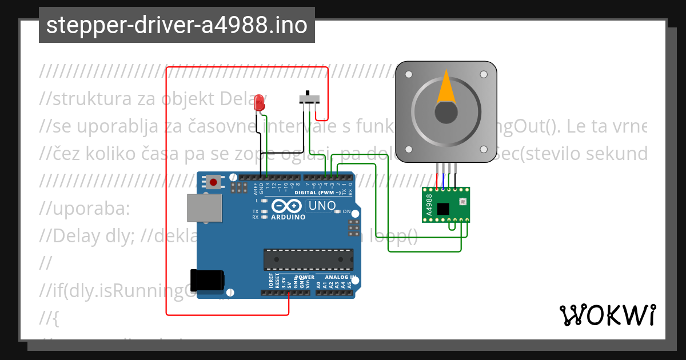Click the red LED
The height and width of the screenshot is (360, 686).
pyautogui.click(x=260, y=102)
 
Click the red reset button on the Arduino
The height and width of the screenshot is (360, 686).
pyautogui.click(x=213, y=182)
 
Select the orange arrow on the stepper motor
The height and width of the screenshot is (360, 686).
pyautogui.click(x=446, y=87)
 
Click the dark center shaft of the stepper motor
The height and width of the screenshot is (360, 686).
pyautogui.click(x=446, y=112)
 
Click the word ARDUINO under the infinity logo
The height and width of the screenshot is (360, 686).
pyautogui.click(x=288, y=217)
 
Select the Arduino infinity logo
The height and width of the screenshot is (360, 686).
pyautogui.click(x=288, y=206)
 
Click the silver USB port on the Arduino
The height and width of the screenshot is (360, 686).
pyautogui.click(x=204, y=207)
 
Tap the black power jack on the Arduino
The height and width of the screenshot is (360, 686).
pyautogui.click(x=208, y=280)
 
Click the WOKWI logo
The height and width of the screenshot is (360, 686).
pyautogui.click(x=608, y=315)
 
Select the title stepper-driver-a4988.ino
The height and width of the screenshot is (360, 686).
pyautogui.click(x=177, y=25)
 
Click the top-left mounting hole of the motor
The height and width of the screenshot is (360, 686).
pyautogui.click(x=408, y=74)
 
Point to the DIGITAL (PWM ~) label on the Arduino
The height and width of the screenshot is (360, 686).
pyautogui.click(x=318, y=193)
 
